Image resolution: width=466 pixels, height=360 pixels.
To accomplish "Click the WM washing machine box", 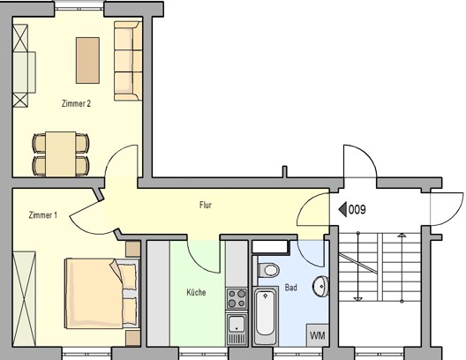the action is [x=318, y=335].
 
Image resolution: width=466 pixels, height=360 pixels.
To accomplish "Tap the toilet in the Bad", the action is [x=268, y=270].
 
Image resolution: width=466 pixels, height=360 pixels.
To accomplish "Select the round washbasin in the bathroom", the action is [x=320, y=286].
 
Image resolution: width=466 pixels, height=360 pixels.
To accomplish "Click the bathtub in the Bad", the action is [x=266, y=315].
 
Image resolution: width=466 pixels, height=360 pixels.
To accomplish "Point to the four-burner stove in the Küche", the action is [x=237, y=299].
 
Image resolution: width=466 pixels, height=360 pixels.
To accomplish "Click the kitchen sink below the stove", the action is [x=237, y=329].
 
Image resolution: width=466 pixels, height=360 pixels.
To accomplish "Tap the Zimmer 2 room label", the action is [x=76, y=103].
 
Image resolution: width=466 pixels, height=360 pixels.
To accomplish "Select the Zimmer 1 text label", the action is [x=42, y=215].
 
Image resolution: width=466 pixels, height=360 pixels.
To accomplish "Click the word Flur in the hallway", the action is [x=206, y=205].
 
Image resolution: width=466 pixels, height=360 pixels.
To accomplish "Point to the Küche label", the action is [x=196, y=292].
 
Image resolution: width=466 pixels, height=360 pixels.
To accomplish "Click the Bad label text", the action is [x=290, y=288].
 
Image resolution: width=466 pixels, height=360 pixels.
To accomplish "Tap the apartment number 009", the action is [x=357, y=210].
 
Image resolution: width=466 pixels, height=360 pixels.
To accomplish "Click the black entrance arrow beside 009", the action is [x=342, y=210].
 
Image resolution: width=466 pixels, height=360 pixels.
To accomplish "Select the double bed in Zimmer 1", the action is [x=102, y=294].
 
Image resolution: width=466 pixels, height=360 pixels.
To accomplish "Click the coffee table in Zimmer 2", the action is [x=87, y=60].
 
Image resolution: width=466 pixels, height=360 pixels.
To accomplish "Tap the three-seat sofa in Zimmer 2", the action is [x=128, y=61].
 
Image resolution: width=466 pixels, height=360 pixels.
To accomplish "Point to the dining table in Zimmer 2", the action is [x=61, y=154].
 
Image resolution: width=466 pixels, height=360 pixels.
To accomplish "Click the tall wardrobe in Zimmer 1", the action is [x=24, y=299].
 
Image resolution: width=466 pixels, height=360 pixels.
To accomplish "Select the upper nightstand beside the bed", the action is [x=133, y=249].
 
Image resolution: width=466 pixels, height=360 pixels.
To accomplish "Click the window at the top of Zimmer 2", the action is [x=79, y=5].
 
